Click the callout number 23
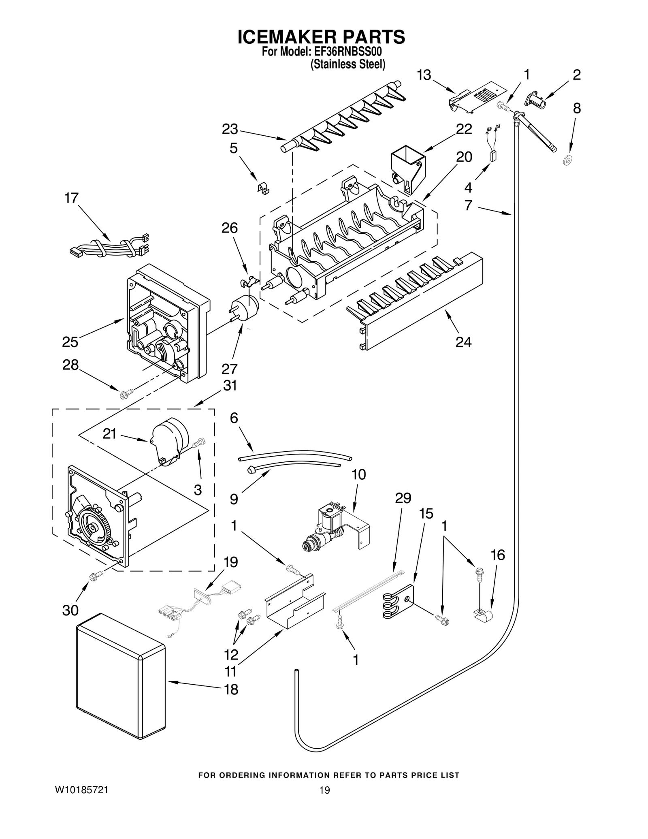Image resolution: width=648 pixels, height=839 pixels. click(x=230, y=129)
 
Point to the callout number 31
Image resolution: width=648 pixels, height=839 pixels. click(x=230, y=385)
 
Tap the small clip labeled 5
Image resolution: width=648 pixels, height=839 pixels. click(x=264, y=188)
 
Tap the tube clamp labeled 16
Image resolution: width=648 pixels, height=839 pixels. click(x=483, y=617)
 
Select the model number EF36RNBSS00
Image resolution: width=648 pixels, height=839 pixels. click(x=348, y=52)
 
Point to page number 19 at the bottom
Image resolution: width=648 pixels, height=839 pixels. click(x=324, y=801)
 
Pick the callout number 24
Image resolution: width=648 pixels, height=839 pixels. click(x=463, y=342)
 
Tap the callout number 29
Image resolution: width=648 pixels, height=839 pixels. click(x=403, y=498)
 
